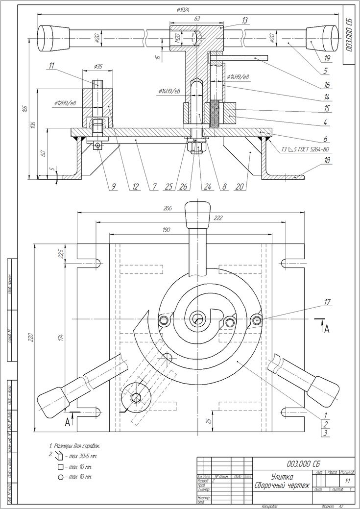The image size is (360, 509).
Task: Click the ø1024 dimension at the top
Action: [184, 9]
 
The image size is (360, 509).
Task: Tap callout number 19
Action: [327, 58]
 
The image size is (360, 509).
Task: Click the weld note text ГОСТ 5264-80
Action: [311, 150]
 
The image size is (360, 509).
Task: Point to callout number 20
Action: [246, 186]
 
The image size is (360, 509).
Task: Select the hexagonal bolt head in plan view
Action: [137, 397]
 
